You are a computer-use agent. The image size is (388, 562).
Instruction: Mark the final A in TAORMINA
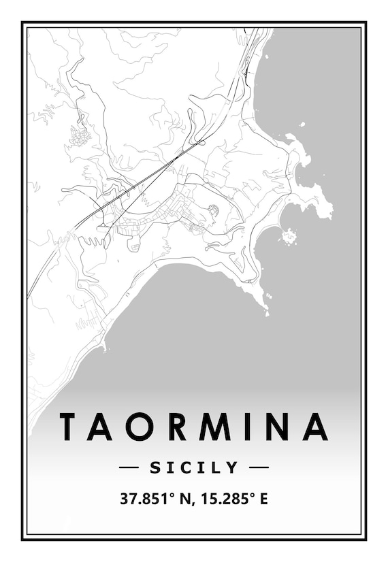tap(315, 426)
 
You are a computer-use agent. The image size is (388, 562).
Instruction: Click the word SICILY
tap(194, 467)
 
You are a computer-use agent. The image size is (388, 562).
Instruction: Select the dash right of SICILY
tap(259, 467)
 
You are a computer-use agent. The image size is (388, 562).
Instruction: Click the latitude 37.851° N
tap(153, 499)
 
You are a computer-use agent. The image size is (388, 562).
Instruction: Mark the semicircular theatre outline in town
tap(213, 210)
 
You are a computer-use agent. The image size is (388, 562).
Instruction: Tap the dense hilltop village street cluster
tap(80, 135)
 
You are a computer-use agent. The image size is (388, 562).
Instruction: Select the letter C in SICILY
tap(184, 467)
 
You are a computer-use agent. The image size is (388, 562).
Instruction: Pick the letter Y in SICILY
tap(233, 467)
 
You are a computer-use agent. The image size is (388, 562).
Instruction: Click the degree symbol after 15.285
tap(253, 495)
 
